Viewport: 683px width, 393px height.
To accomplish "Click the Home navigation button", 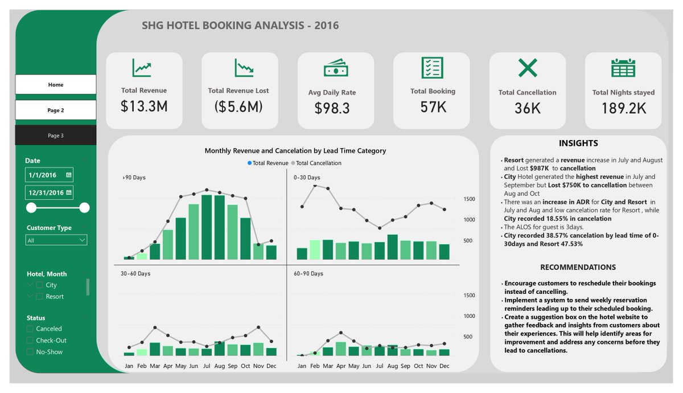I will tap(56, 85).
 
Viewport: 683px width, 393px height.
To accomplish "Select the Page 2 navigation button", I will tap(56, 110).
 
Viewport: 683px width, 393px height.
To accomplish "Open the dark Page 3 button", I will tap(56, 136).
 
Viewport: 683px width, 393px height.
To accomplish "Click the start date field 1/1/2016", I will tap(49, 175).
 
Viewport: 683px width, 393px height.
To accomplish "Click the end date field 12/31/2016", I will tap(49, 193).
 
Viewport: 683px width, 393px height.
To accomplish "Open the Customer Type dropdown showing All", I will tap(56, 240).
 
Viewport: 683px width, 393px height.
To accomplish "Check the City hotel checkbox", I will tap(39, 285).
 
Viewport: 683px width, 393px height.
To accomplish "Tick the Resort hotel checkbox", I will tap(39, 296).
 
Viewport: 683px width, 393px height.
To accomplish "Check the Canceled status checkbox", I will tap(30, 329).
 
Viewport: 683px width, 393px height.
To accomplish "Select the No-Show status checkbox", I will tap(30, 352).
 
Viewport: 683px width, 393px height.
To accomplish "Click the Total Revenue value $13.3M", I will tap(144, 106).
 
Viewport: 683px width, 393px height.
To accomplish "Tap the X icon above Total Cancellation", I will tap(527, 68).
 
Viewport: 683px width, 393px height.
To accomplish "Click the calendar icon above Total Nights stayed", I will tap(623, 68).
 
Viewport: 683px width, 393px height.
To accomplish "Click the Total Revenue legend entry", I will tap(268, 163).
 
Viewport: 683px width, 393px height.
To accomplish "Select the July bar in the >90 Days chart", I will tap(207, 227).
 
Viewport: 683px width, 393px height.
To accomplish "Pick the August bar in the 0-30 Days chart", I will tap(392, 247).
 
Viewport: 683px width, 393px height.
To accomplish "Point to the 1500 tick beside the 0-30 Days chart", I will tap(469, 199).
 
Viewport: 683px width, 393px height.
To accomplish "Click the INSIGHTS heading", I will tap(578, 144).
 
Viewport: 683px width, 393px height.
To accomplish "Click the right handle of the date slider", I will tap(84, 208).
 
